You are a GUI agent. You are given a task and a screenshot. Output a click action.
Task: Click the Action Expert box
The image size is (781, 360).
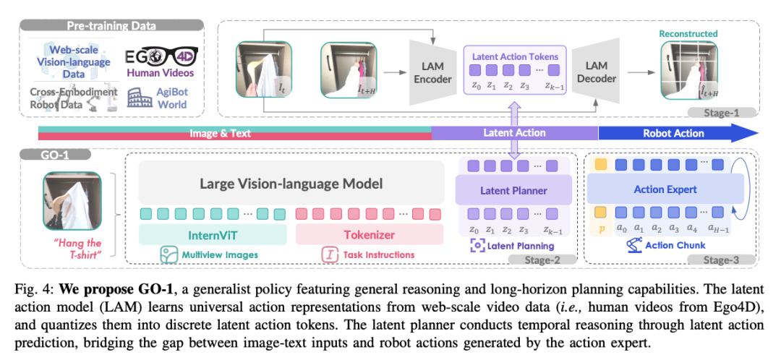(665, 190)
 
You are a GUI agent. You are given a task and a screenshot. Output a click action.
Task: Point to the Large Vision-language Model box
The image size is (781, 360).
(291, 184)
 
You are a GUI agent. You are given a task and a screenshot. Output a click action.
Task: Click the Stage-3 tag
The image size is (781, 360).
(727, 259)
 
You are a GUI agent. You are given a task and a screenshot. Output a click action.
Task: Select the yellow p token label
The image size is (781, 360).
(601, 228)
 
